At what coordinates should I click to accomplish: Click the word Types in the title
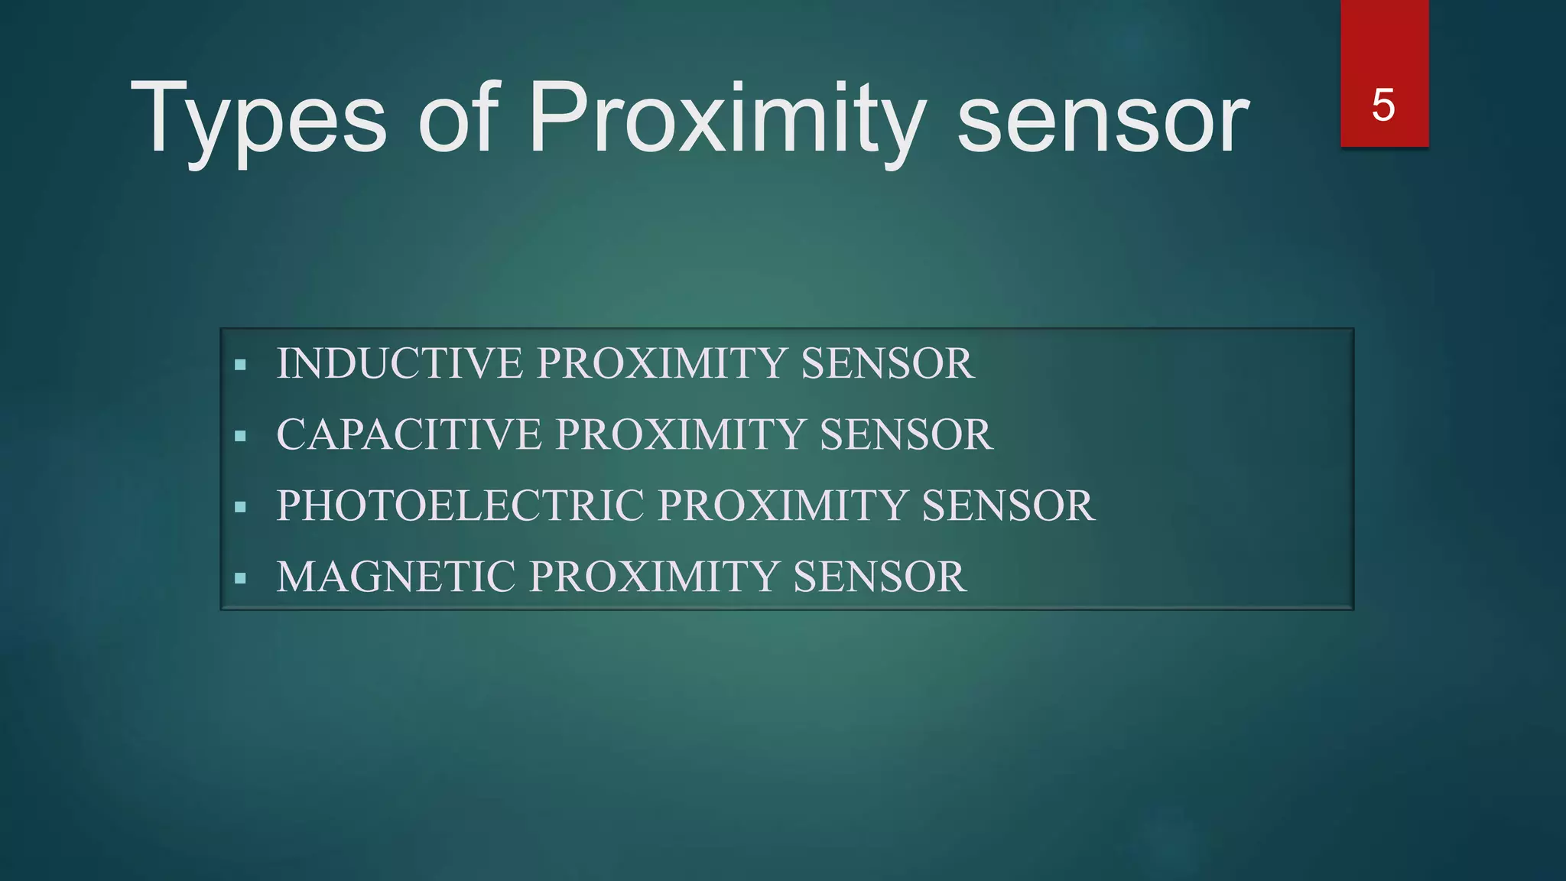pos(258,121)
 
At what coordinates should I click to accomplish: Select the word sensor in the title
pos(1103,121)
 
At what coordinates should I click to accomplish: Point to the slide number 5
pos(1383,105)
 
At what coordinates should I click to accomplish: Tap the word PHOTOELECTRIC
pos(460,506)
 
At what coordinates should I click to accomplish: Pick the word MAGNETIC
pos(395,577)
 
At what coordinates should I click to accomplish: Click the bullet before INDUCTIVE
pos(241,366)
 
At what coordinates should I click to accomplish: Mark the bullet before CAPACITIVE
pos(241,437)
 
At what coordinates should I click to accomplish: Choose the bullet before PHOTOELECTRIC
pos(241,507)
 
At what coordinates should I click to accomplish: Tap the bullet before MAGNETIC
pos(241,578)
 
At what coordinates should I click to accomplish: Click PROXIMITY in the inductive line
pos(661,363)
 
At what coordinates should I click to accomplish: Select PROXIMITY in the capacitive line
pos(680,434)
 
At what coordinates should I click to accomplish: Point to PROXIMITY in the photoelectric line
pos(781,506)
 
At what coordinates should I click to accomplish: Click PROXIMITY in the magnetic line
pos(654,577)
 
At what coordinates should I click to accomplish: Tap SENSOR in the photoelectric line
pos(1008,506)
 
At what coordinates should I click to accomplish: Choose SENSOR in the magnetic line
pos(879,577)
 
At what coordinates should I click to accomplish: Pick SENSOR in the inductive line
pos(887,363)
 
